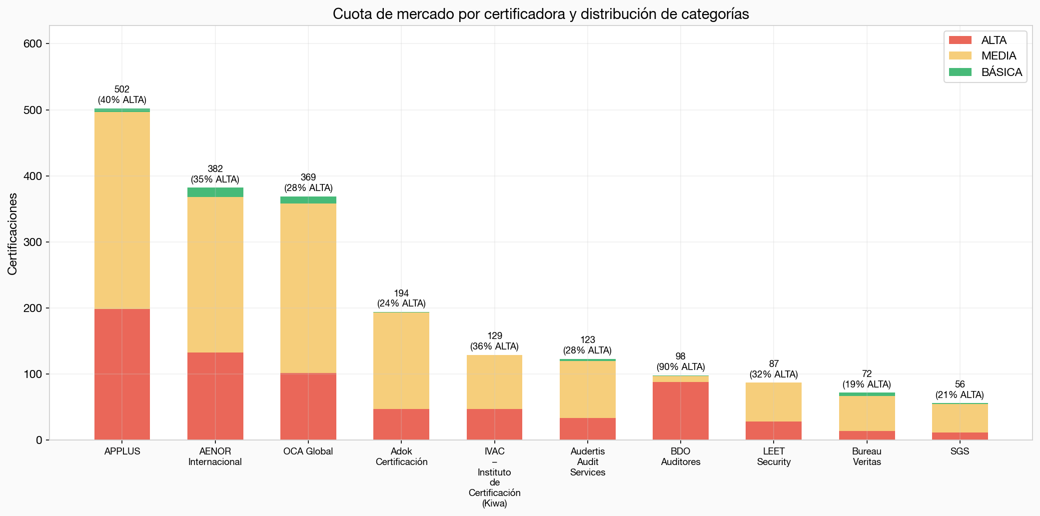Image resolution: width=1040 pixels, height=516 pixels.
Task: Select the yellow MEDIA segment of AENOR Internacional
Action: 215,274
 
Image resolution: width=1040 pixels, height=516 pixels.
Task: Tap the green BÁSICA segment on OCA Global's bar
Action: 308,200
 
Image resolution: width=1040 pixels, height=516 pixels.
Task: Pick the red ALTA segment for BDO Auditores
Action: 680,410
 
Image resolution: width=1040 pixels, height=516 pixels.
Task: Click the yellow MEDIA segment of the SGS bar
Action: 960,418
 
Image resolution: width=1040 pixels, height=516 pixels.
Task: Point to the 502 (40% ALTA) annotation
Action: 122,94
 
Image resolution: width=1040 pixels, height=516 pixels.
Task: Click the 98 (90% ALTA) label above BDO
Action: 680,361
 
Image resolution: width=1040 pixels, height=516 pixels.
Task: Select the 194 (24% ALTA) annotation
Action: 401,298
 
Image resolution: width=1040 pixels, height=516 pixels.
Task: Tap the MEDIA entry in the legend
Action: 999,56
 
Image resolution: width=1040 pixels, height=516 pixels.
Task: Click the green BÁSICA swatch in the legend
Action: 960,72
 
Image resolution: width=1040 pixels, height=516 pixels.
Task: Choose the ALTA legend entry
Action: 994,40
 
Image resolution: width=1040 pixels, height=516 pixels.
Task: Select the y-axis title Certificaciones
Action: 12,233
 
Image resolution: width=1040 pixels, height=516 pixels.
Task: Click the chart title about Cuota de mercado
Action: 540,14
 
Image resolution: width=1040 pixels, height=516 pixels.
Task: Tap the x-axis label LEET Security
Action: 773,456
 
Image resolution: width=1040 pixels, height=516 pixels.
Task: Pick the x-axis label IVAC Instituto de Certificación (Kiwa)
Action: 494,477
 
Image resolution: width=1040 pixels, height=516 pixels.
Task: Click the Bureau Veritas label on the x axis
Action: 867,456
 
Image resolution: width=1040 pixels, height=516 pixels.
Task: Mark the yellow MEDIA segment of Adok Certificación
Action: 401,360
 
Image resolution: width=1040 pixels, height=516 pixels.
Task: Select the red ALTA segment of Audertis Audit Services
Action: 587,428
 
